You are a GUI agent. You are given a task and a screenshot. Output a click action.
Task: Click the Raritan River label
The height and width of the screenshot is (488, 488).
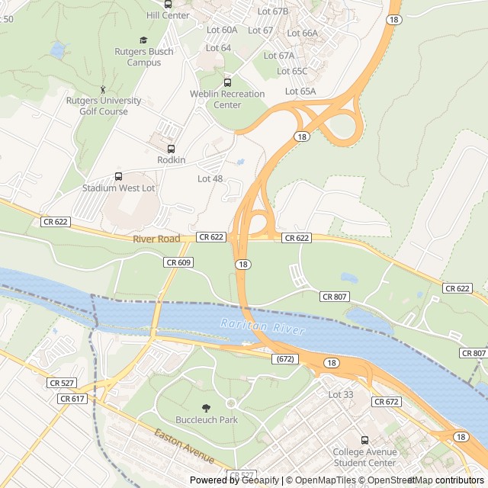(262, 326)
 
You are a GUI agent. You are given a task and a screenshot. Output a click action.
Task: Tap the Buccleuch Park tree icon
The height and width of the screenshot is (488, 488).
(207, 408)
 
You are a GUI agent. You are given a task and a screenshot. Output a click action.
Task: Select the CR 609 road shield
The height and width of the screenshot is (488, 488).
(178, 262)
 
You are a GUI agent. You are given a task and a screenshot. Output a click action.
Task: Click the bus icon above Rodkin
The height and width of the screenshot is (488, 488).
(171, 149)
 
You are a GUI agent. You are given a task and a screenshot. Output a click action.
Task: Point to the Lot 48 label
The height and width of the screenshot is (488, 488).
(210, 178)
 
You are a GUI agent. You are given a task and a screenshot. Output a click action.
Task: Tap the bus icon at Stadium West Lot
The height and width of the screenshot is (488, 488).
(117, 176)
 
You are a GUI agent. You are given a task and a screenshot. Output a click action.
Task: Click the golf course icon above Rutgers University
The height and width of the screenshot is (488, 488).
(104, 90)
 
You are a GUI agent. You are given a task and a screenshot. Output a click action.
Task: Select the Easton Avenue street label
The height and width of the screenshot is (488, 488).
(184, 446)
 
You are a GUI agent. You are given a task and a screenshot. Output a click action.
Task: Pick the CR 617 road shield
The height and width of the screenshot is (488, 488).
(72, 399)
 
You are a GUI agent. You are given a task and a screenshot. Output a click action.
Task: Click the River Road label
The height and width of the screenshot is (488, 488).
(156, 239)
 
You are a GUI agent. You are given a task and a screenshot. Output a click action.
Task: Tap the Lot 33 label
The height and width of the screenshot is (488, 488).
(340, 394)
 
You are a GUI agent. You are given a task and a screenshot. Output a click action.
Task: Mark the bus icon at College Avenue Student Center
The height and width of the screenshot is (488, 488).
(364, 440)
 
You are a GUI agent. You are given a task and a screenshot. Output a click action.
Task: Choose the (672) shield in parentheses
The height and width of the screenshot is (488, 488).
(285, 358)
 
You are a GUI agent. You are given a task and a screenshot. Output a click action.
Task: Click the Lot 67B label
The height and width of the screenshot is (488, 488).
(273, 11)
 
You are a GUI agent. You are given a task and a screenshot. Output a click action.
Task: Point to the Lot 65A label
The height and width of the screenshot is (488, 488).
(300, 91)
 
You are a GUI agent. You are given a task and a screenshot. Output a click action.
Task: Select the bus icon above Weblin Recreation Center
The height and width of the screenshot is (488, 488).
(226, 82)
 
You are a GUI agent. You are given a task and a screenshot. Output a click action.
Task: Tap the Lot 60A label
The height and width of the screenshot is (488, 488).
(222, 30)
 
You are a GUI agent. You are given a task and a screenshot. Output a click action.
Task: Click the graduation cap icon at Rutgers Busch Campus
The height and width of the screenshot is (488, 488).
(143, 40)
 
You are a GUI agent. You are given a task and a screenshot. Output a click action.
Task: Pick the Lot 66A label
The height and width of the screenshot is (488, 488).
(302, 33)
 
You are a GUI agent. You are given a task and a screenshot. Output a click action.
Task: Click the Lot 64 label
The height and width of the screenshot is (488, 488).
(219, 48)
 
